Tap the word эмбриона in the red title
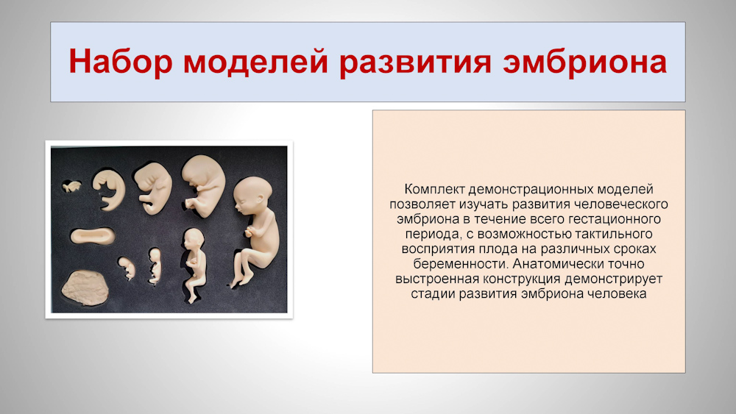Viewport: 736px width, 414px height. pyautogui.click(x=585, y=62)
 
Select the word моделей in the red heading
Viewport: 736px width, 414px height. pyautogui.click(x=255, y=62)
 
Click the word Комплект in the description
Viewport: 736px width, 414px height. pyautogui.click(x=434, y=190)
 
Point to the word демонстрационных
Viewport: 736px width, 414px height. pyautogui.click(x=531, y=190)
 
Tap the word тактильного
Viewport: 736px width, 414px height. pyautogui.click(x=606, y=234)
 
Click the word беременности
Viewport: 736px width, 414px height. pyautogui.click(x=460, y=264)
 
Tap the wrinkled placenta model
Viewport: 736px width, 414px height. pyautogui.click(x=85, y=288)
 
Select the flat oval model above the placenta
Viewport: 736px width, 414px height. pyautogui.click(x=93, y=235)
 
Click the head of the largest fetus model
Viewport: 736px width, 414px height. pyautogui.click(x=252, y=195)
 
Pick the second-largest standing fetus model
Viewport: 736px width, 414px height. pyautogui.click(x=194, y=264)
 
